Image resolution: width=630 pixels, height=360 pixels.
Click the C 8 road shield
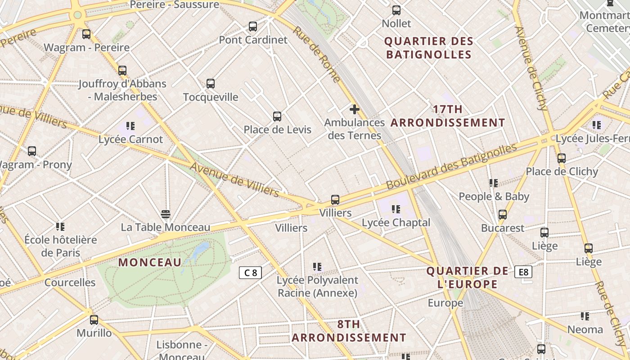250,272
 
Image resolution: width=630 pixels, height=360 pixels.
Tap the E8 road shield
524,272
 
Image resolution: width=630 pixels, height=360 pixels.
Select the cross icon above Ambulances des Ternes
355,109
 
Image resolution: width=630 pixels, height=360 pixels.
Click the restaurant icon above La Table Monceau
166,214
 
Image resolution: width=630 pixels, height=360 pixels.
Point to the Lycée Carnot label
130,139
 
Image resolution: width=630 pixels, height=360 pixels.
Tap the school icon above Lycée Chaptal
396,209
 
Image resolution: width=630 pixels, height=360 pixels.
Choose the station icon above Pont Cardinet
253,27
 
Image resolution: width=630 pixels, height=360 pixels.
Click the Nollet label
396,23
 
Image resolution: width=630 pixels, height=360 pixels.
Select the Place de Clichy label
562,171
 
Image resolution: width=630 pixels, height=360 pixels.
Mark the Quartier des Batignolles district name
429,48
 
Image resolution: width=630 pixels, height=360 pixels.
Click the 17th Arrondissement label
448,116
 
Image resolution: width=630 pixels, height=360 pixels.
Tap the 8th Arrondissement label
349,331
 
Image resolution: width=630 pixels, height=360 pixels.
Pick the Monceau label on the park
150,262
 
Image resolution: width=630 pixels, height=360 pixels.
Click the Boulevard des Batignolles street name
451,167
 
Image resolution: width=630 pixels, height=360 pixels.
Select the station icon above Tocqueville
211,84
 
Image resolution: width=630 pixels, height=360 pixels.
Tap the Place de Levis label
277,130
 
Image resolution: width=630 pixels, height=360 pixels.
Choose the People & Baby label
494,197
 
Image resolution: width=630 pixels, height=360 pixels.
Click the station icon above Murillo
94,320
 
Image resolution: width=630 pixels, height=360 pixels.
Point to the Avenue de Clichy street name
531,68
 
